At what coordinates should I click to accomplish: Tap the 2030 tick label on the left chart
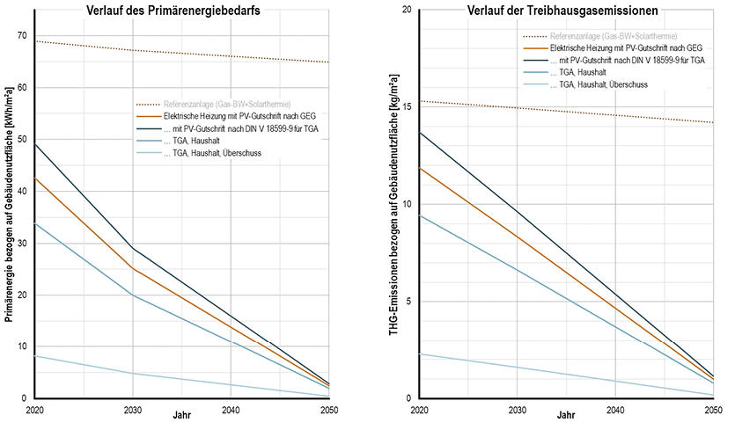pos(132,411)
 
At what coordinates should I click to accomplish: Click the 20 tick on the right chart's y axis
pos(407,10)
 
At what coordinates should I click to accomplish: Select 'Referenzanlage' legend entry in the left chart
pos(225,103)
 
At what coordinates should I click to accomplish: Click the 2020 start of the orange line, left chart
pos(35,179)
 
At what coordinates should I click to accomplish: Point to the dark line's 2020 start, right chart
pos(420,133)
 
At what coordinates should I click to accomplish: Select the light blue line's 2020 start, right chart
pos(420,353)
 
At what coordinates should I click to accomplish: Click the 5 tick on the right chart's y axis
pos(409,302)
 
